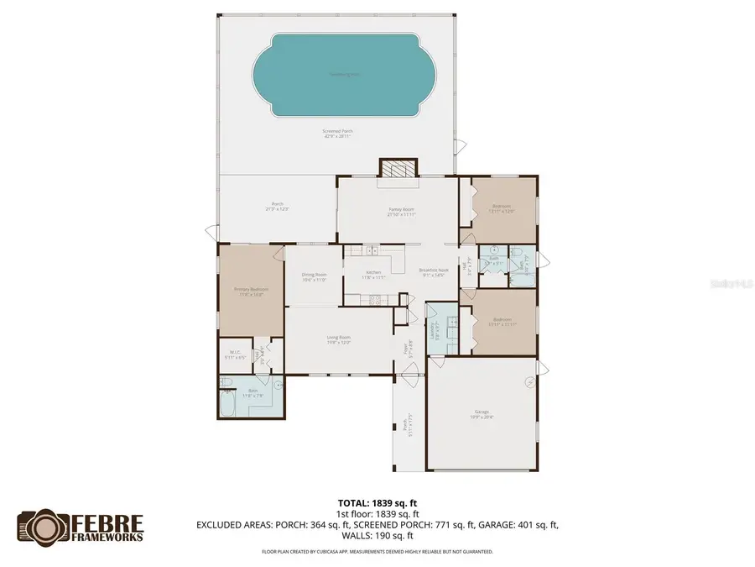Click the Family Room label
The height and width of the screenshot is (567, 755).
coord(401,211)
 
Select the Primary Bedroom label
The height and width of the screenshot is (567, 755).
coord(251,291)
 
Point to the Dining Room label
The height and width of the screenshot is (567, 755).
coord(314,277)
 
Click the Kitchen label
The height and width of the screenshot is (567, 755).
coord(373,274)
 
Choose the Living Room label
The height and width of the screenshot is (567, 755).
coord(338,339)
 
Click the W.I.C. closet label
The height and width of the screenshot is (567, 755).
coord(234,355)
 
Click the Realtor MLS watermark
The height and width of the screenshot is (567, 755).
coord(732,284)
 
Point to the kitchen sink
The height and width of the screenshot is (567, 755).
coord(370,250)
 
